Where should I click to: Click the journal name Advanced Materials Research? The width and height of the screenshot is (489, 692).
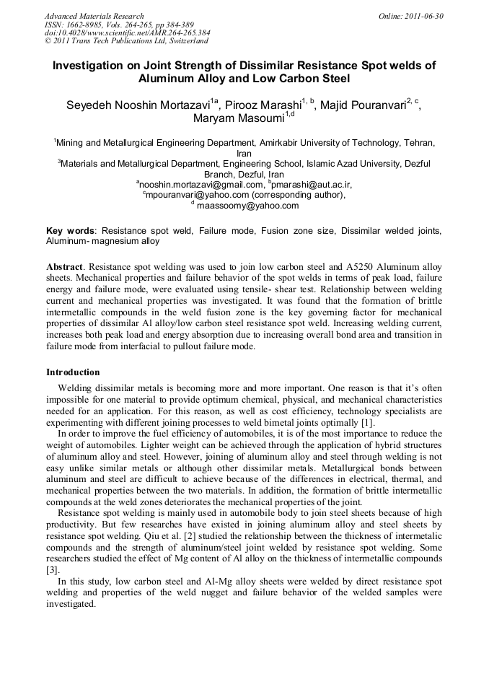(94, 16)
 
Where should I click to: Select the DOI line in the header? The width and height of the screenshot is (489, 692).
(127, 32)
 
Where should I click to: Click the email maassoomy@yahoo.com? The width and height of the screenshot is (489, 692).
(247, 206)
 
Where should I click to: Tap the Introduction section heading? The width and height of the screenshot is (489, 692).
(73, 372)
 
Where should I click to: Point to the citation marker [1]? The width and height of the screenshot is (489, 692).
(366, 422)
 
